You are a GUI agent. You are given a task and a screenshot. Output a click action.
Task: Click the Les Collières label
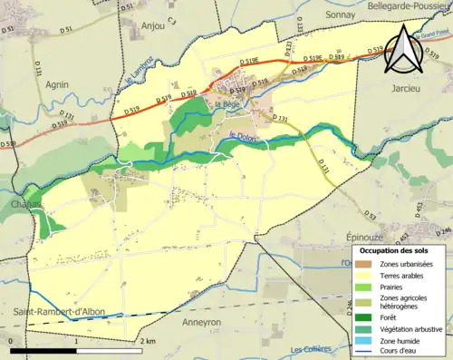click(x=311, y=350)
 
